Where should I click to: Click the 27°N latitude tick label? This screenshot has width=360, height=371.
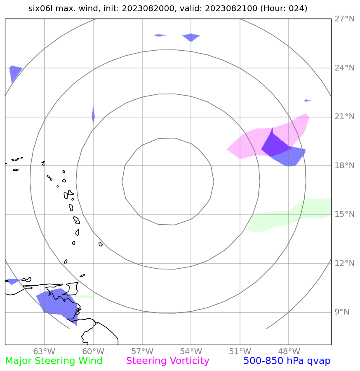(344, 19)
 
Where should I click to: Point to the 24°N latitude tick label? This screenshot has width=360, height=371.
(344, 68)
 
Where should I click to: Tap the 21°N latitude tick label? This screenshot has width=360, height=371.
(344, 117)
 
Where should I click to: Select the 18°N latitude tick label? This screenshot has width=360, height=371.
(344, 166)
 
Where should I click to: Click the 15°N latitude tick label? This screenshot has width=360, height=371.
(344, 214)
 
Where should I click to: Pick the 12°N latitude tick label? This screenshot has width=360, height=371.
(344, 263)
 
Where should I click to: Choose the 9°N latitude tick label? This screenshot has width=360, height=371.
(341, 312)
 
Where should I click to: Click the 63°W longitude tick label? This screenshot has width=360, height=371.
(44, 352)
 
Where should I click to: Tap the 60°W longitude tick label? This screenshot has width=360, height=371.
(93, 352)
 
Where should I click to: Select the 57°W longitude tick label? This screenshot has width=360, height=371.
(142, 352)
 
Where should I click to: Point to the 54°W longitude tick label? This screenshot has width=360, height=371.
(191, 352)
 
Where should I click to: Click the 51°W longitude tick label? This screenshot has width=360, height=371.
(240, 352)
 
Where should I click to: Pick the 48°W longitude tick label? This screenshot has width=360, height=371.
(289, 352)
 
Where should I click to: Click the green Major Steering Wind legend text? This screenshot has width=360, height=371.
(54, 361)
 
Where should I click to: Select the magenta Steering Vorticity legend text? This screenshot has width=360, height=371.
(168, 361)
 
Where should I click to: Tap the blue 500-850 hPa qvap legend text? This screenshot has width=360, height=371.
(287, 361)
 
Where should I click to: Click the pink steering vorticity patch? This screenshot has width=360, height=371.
(247, 142)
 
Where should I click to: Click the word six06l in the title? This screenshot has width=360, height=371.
(40, 8)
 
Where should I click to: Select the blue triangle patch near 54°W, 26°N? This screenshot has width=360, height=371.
(191, 37)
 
